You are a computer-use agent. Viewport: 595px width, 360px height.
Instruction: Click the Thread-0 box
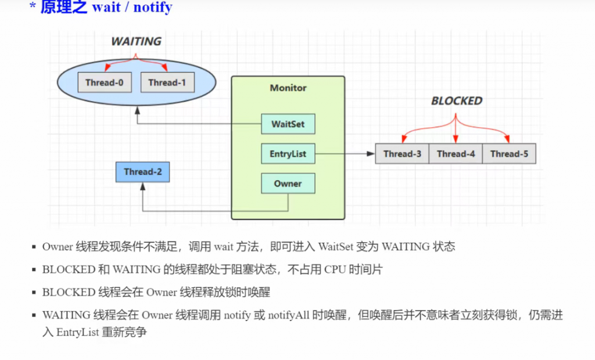tap(105, 82)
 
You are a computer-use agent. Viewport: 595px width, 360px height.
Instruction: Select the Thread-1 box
tap(167, 82)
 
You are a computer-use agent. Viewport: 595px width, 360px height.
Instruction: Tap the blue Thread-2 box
tap(142, 172)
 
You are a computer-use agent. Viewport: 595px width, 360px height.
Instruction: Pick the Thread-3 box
tap(402, 154)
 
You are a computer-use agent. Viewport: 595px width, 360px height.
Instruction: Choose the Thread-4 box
tap(456, 154)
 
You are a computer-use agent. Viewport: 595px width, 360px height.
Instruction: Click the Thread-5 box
tap(509, 154)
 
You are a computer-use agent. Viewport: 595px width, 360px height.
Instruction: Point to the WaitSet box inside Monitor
tap(288, 124)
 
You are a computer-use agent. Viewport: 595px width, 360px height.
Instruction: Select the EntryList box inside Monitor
tap(288, 154)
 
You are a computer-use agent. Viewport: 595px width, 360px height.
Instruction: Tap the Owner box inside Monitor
tap(288, 183)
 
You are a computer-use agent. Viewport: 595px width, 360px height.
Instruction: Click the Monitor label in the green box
tap(288, 88)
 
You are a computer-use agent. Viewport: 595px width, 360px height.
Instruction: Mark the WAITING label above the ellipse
tap(136, 42)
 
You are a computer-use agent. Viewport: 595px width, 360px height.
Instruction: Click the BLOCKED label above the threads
tap(456, 101)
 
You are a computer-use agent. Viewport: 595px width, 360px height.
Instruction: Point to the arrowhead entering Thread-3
tap(371, 154)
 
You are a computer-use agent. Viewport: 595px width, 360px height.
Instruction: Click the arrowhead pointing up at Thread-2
tap(142, 186)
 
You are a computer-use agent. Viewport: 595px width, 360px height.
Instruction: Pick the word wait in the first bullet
tap(223, 246)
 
